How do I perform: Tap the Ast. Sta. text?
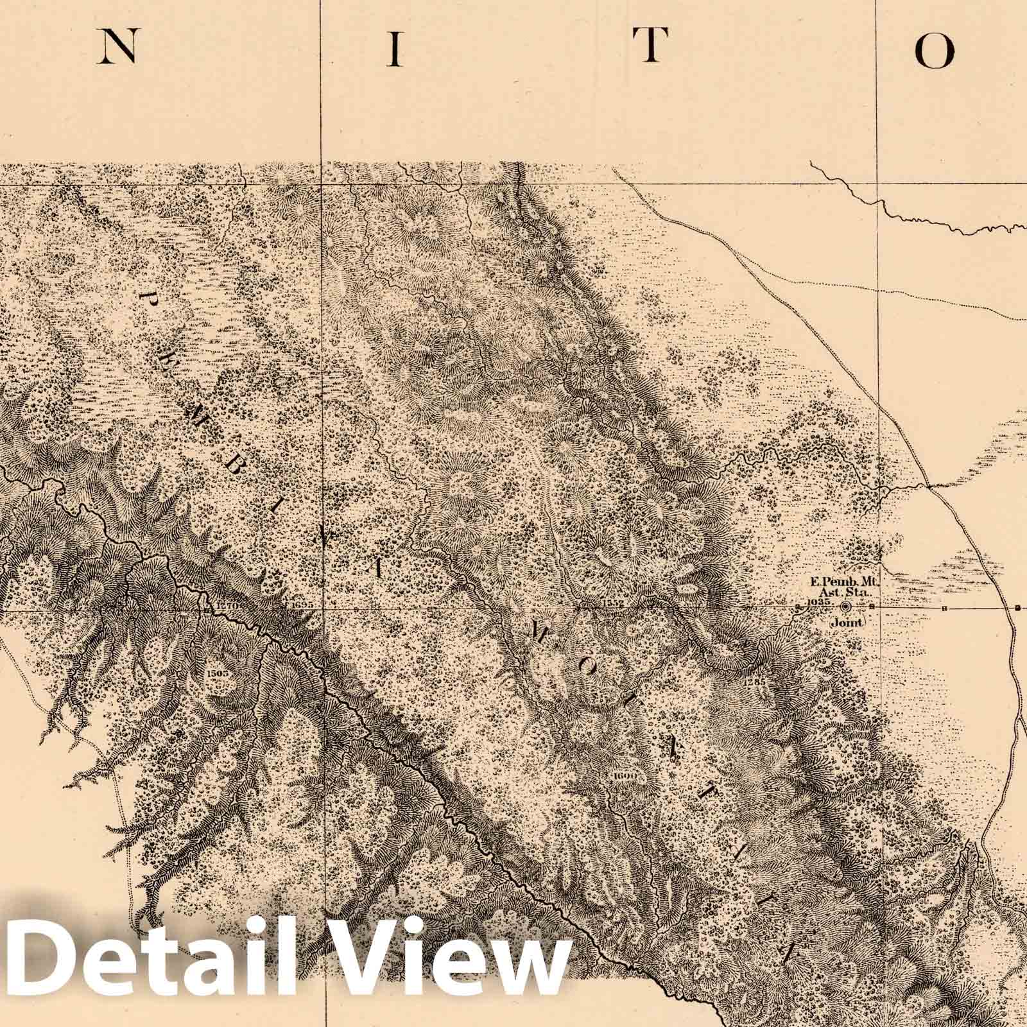click(848, 593)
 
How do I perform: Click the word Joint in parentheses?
click(847, 621)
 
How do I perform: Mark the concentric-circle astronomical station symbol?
click(846, 606)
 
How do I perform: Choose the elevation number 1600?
click(624, 775)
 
